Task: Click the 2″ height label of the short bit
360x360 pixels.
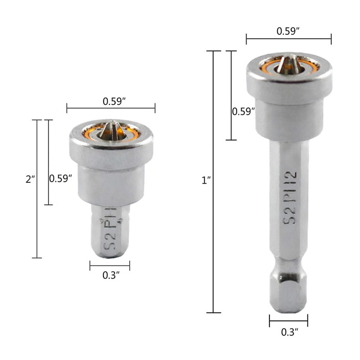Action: [x=30, y=179]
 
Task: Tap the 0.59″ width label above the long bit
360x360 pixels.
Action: [x=289, y=32]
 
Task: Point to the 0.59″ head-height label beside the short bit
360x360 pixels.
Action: [x=60, y=178]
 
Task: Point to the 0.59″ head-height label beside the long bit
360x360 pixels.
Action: [x=243, y=111]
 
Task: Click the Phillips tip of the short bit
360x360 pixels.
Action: [x=111, y=130]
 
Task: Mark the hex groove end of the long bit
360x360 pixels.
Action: [x=288, y=292]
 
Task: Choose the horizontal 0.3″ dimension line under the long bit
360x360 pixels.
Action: [x=288, y=321]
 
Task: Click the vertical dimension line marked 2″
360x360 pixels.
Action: [x=37, y=189]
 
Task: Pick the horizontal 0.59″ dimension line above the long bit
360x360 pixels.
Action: [x=288, y=39]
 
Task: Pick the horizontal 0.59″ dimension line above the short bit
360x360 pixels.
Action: [x=111, y=108]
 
